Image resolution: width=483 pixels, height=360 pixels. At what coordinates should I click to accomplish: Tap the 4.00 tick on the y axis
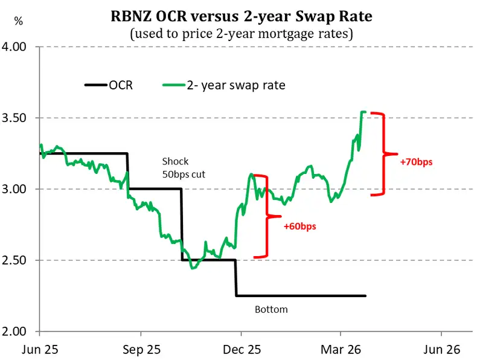20,47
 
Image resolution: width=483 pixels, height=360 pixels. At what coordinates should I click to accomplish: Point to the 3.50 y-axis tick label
20,118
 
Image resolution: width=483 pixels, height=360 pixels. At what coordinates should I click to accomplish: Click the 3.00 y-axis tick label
20,189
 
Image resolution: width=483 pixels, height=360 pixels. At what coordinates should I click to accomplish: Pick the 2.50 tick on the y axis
20,260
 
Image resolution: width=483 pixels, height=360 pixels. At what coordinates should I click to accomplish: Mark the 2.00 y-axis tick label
20,332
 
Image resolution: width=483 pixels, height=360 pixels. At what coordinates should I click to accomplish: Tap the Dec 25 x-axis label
240,349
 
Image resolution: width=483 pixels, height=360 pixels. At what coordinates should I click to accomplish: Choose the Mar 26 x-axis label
341,349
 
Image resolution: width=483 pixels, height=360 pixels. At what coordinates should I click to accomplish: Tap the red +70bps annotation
416,162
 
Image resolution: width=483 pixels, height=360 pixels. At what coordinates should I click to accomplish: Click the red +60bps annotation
299,227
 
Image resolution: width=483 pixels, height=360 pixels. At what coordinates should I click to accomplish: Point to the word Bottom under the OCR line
271,309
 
